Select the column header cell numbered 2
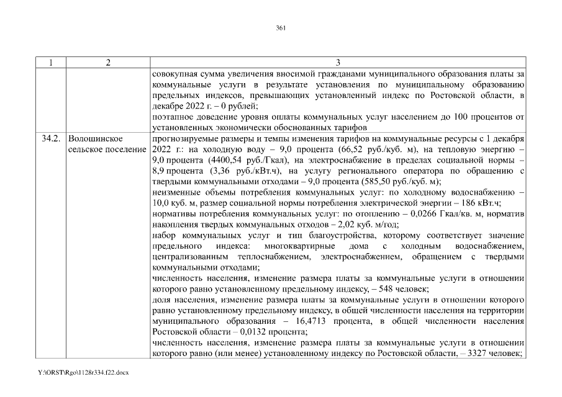coord(107,63)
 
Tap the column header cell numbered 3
coord(337,63)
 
